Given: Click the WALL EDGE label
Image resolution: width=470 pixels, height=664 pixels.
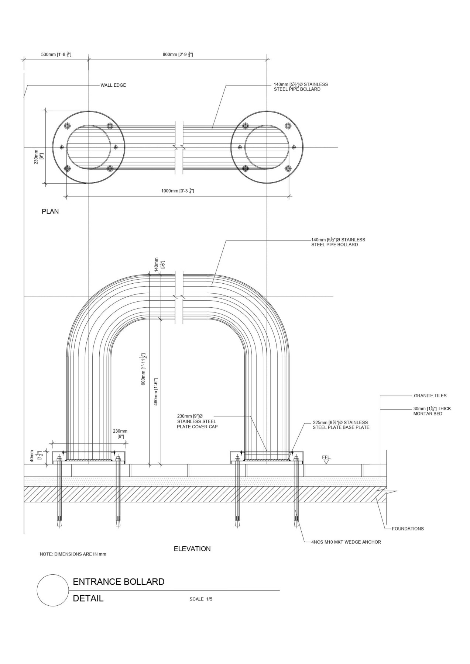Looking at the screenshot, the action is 113,85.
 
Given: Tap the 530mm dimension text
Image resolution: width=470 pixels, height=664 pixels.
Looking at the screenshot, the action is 56,55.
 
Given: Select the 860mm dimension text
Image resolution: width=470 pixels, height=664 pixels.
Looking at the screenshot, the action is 178,55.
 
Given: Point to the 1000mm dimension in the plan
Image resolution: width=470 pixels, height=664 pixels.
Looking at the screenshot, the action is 178,191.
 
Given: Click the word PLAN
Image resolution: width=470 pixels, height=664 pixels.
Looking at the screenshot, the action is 50,212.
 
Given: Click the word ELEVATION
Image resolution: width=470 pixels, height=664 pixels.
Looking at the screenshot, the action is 192,549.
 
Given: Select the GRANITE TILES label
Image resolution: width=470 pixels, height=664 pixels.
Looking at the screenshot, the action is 430,396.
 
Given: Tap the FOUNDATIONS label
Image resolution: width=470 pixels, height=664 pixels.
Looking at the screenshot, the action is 408,529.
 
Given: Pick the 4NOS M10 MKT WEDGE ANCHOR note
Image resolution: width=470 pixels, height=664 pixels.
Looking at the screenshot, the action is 346,542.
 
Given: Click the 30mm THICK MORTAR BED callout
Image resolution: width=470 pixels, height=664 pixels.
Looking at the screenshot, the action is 432,411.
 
